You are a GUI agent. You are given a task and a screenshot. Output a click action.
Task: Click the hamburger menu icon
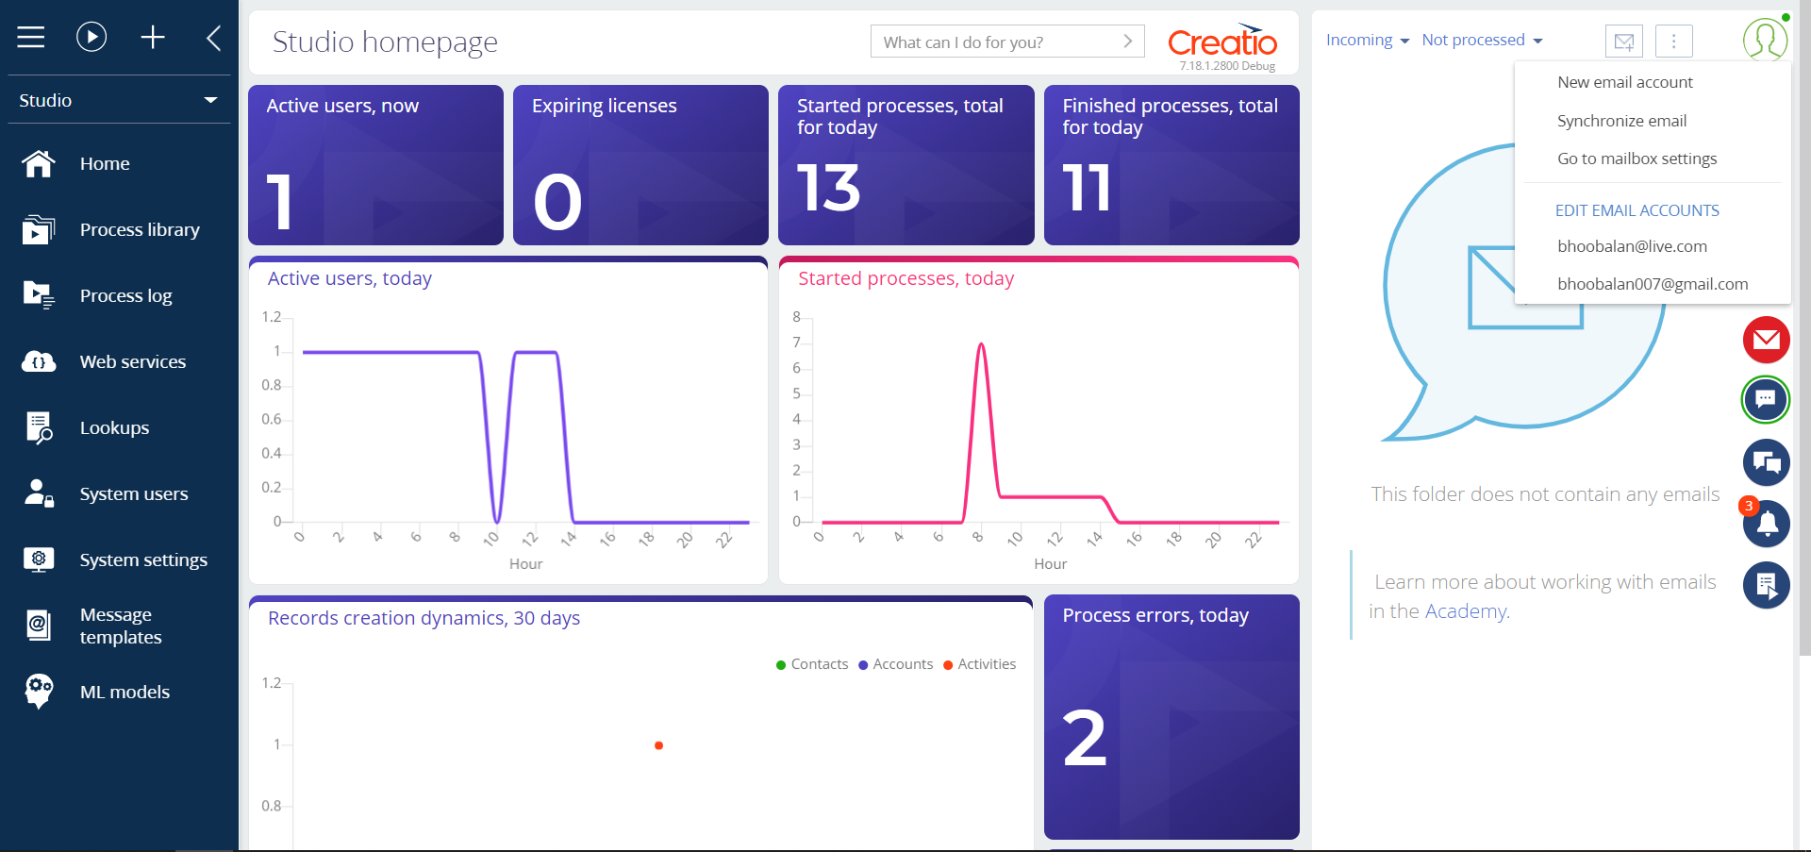pos(31,37)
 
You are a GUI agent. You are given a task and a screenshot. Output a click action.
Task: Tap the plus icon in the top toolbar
pos(153,37)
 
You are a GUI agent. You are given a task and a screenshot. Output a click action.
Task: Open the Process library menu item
pos(140,229)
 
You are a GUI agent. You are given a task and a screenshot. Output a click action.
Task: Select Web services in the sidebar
pos(133,361)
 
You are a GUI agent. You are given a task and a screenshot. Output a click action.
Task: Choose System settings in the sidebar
pos(143,560)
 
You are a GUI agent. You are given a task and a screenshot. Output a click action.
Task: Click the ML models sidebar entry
pos(125,692)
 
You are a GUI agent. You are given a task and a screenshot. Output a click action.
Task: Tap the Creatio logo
pos(1222,42)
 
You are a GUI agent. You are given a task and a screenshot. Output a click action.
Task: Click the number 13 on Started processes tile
pos(828,188)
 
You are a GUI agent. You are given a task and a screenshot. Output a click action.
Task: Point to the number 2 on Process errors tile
pos(1085,738)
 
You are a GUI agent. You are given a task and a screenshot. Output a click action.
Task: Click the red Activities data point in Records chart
pos(658,745)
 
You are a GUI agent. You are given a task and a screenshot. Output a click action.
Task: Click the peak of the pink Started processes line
pos(981,344)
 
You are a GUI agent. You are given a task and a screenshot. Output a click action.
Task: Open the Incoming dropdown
pos(1368,40)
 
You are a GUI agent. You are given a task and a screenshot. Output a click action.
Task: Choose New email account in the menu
pos(1624,82)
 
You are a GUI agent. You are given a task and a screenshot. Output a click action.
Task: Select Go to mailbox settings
pos(1637,159)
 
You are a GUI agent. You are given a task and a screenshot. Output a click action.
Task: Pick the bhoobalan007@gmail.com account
pos(1653,284)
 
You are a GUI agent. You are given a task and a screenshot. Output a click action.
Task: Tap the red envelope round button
pos(1766,340)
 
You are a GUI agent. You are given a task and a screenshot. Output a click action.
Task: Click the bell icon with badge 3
pos(1766,524)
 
